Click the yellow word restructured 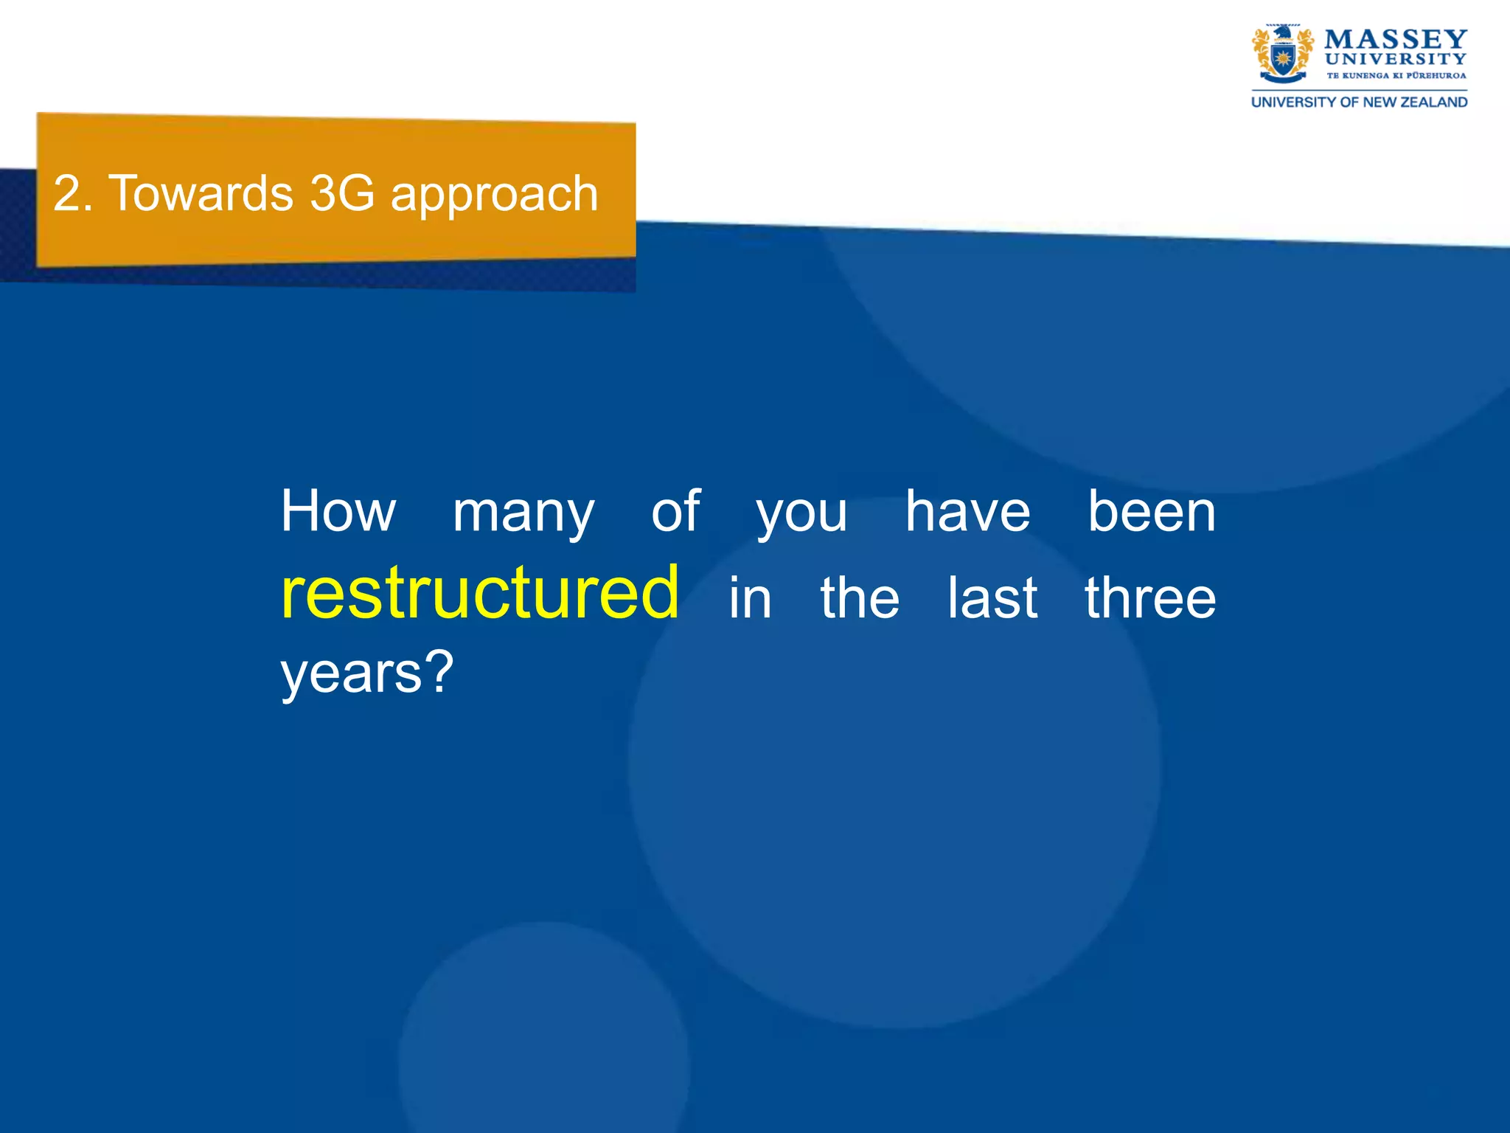[x=479, y=593]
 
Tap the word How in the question [x=338, y=511]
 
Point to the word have [x=967, y=511]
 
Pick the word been [x=1152, y=511]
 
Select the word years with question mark [x=366, y=674]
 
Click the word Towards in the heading [x=201, y=193]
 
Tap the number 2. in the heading [x=73, y=194]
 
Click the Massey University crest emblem [x=1282, y=54]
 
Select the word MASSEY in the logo [x=1396, y=39]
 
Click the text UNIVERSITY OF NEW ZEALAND [x=1359, y=103]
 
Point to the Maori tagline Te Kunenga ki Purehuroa [x=1396, y=75]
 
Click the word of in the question [x=675, y=511]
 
